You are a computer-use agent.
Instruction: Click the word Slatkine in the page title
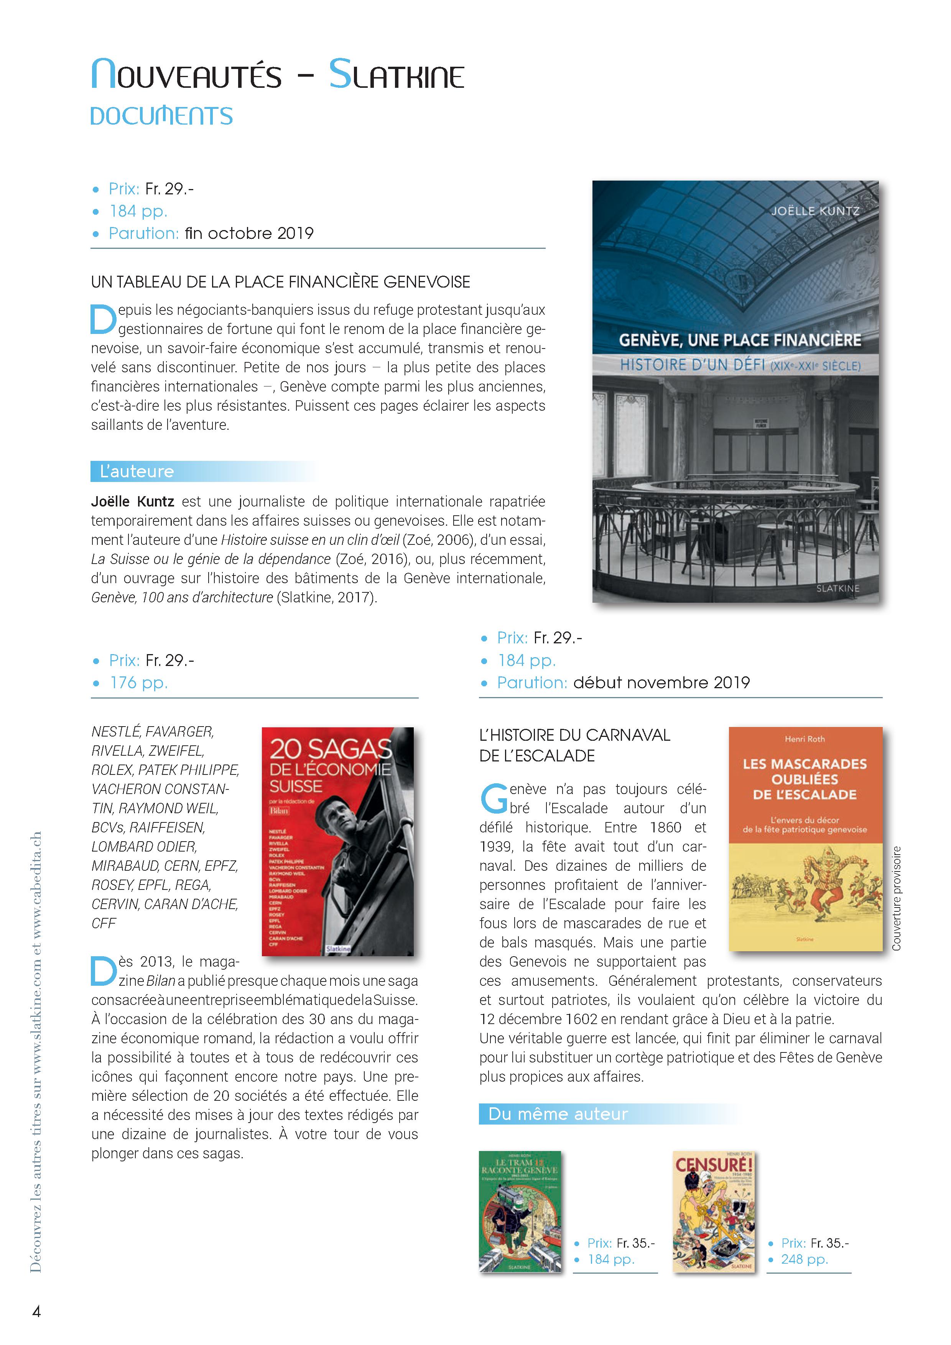pos(396,75)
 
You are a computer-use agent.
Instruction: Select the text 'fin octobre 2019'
pos(249,233)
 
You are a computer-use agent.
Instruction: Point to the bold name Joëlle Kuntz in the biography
pos(132,501)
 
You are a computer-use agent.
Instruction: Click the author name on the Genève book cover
pos(814,211)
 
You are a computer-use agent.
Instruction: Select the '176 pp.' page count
pos(138,682)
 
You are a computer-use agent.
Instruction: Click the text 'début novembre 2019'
pos(661,682)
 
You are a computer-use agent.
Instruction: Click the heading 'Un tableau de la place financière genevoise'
pos(280,282)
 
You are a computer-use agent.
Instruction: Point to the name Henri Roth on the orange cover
pos(805,739)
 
